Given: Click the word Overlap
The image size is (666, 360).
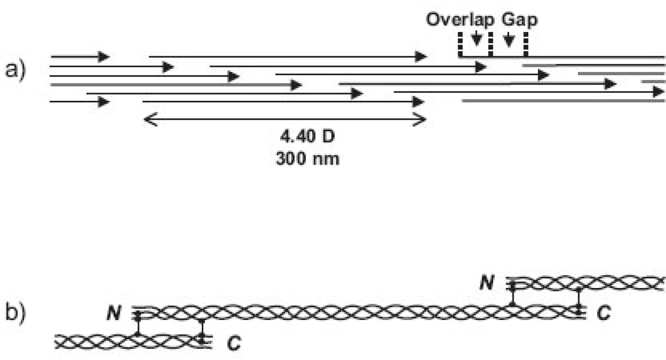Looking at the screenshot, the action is pyautogui.click(x=460, y=20).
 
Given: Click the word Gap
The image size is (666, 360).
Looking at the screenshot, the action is pyautogui.click(x=520, y=20).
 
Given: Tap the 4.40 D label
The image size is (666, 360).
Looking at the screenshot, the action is pyautogui.click(x=308, y=137).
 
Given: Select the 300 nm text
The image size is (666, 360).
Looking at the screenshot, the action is pyautogui.click(x=308, y=158).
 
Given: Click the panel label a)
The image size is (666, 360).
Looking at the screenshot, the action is pyautogui.click(x=15, y=71).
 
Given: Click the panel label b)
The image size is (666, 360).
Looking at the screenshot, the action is pyautogui.click(x=15, y=312).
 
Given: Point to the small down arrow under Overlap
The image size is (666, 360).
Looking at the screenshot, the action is pyautogui.click(x=477, y=39).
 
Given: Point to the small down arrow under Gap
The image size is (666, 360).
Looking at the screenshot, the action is pyautogui.click(x=509, y=40).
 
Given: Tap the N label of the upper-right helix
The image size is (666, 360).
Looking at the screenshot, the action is pyautogui.click(x=487, y=282).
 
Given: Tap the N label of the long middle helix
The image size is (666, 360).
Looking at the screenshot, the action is pyautogui.click(x=114, y=313).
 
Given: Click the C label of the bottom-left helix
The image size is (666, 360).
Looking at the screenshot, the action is pyautogui.click(x=234, y=343).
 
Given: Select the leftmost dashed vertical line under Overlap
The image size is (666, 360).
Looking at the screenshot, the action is pyautogui.click(x=460, y=45).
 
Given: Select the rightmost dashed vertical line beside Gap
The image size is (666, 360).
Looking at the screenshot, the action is pyautogui.click(x=526, y=45).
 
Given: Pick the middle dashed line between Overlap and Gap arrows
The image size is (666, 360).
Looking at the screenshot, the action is pyautogui.click(x=490, y=45).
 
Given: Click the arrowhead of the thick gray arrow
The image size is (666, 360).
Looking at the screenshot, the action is pyautogui.click(x=296, y=85).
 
